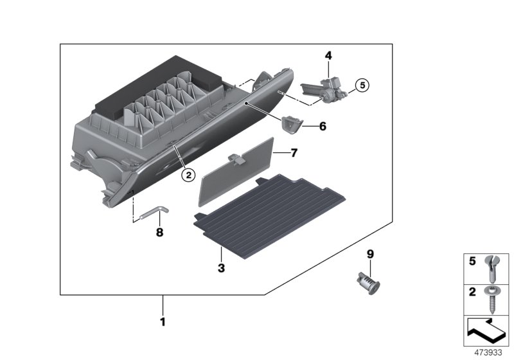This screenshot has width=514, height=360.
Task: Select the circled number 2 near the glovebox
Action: point(188,174)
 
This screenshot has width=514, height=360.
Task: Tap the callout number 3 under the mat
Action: point(220,268)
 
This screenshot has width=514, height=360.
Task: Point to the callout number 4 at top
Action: point(328,56)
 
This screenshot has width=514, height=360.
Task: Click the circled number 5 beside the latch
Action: point(361,84)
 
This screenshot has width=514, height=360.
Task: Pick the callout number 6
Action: point(323,127)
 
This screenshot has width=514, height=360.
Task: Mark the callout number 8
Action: point(159,232)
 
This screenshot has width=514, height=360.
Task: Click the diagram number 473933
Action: point(488,352)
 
